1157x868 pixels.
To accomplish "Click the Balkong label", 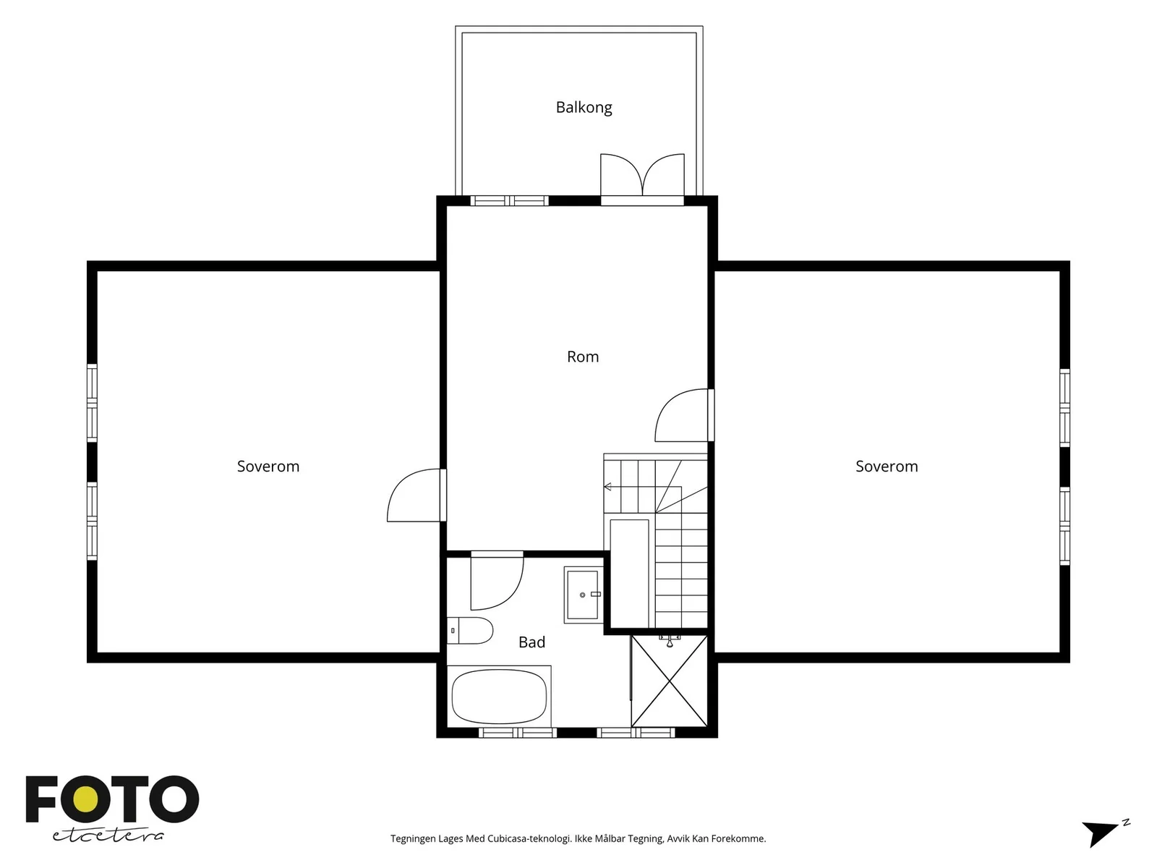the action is pos(584,108).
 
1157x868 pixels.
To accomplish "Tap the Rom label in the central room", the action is pos(582,357).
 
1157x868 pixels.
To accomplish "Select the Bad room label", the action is pos(531,642).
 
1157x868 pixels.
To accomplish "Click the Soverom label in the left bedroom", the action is pos(268,467).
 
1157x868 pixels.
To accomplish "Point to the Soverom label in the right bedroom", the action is pos(887,467).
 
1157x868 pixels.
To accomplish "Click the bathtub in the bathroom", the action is pos(499,696).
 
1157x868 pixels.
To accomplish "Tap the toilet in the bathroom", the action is pos(469,631).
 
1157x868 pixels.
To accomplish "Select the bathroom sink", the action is pos(583,595).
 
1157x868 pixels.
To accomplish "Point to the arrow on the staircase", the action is pos(607,486).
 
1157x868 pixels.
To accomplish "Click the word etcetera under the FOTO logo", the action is pos(108,836).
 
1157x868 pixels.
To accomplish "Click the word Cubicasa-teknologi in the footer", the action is pos(529,838).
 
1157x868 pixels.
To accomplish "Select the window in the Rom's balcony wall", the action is pos(509,201).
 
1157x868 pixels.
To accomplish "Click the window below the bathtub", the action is pos(518,733).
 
